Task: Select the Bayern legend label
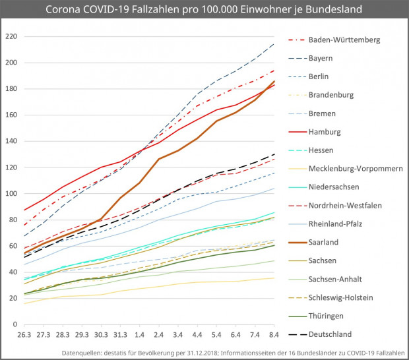pyautogui.click(x=320, y=58)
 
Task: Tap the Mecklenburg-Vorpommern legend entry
pyautogui.click(x=356, y=168)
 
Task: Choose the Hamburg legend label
pyautogui.click(x=324, y=132)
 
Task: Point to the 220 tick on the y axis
pyautogui.click(x=10, y=37)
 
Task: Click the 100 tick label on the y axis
pyautogui.click(x=10, y=194)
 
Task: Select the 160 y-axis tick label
pyautogui.click(x=10, y=115)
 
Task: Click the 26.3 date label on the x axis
pyautogui.click(x=24, y=336)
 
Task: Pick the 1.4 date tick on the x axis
pyautogui.click(x=140, y=336)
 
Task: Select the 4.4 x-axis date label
pyautogui.click(x=198, y=336)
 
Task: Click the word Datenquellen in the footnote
pyautogui.click(x=81, y=354)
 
